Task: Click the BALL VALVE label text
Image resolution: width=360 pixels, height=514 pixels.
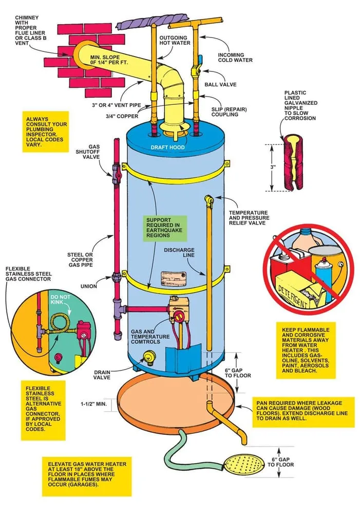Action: (x=220, y=84)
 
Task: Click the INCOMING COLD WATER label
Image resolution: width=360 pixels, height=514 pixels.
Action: (x=235, y=57)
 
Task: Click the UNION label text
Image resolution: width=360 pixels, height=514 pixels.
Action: (x=88, y=286)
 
